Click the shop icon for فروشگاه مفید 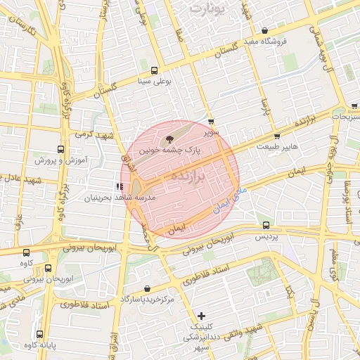pos(264,31)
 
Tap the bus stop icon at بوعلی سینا pos(154,70)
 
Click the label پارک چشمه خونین pos(169,150)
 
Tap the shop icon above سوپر pos(211,122)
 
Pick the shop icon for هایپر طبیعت pos(277,136)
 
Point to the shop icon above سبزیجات pos(354,107)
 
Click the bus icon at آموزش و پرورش pos(60,149)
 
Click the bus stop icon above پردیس pos(266,226)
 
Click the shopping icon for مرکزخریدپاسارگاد pos(146,289)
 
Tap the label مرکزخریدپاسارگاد pos(146,300)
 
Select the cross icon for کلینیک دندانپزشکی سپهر pos(202,316)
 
